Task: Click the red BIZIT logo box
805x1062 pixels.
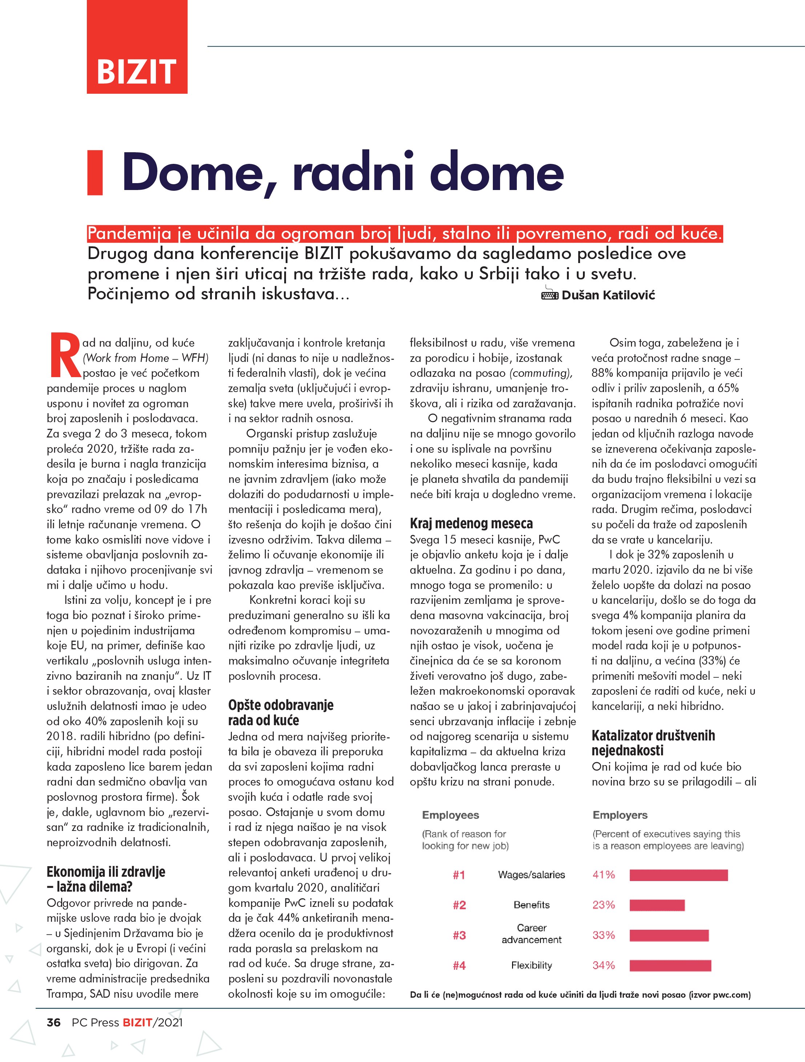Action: click(137, 47)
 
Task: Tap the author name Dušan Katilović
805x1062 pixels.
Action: click(608, 295)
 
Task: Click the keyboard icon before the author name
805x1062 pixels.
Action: click(550, 294)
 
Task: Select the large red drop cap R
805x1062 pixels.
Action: click(64, 355)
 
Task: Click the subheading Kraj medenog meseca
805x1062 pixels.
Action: click(471, 523)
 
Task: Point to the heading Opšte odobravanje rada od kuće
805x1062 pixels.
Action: click(281, 712)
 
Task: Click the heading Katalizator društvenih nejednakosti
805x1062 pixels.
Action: click(653, 743)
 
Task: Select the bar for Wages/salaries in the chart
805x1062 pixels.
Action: click(678, 875)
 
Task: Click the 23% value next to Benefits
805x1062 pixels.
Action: click(603, 905)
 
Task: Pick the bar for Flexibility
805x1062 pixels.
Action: click(670, 965)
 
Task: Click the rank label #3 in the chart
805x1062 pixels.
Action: click(459, 935)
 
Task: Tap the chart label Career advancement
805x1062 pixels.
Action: click(531, 934)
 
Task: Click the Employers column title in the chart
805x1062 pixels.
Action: click(620, 815)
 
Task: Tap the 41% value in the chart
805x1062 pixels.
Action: click(603, 875)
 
